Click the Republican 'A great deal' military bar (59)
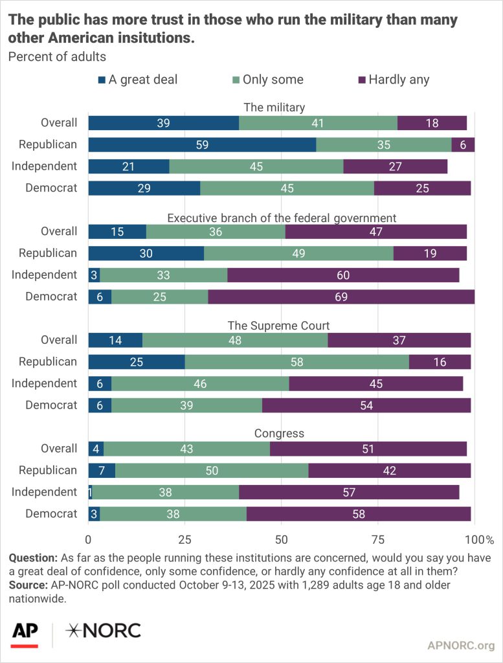202,144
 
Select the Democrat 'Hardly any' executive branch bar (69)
341,297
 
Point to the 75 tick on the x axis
378,539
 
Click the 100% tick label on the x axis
480,539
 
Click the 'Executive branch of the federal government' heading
282,217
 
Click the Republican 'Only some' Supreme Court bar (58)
297,362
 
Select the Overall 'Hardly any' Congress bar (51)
368,449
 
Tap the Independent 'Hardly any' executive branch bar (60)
343,275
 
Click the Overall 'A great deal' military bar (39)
164,123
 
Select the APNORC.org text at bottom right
461,645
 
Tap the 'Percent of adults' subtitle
57,56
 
